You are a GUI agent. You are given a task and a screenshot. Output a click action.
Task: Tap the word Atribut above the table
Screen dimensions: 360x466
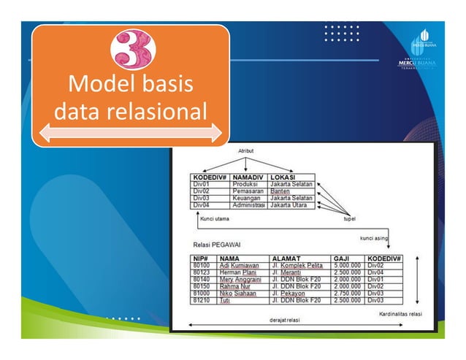point(246,150)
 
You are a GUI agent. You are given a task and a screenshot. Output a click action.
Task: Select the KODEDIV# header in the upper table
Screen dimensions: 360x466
point(207,177)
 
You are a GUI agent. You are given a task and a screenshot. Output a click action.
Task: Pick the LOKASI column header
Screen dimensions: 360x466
point(283,177)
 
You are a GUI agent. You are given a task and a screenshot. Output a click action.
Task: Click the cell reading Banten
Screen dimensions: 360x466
point(280,191)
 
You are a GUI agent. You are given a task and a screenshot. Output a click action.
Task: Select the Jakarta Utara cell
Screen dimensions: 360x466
point(291,205)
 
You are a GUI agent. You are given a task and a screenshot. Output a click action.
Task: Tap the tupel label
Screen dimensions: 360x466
point(350,218)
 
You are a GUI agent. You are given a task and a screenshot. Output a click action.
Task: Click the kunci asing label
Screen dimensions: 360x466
point(374,238)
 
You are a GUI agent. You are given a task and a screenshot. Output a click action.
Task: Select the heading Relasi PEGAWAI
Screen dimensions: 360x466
point(219,245)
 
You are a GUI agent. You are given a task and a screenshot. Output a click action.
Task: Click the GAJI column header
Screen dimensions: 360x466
point(342,258)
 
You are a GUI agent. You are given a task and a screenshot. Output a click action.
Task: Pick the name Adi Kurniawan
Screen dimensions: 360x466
point(239,265)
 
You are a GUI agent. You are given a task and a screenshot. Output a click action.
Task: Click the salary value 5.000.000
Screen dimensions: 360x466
point(348,265)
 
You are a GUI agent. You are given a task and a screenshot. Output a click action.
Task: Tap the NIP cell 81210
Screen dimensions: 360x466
point(202,300)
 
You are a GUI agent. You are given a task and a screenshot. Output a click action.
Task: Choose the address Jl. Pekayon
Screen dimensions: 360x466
point(290,293)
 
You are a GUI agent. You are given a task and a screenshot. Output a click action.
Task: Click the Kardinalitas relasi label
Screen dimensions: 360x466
point(401,314)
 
